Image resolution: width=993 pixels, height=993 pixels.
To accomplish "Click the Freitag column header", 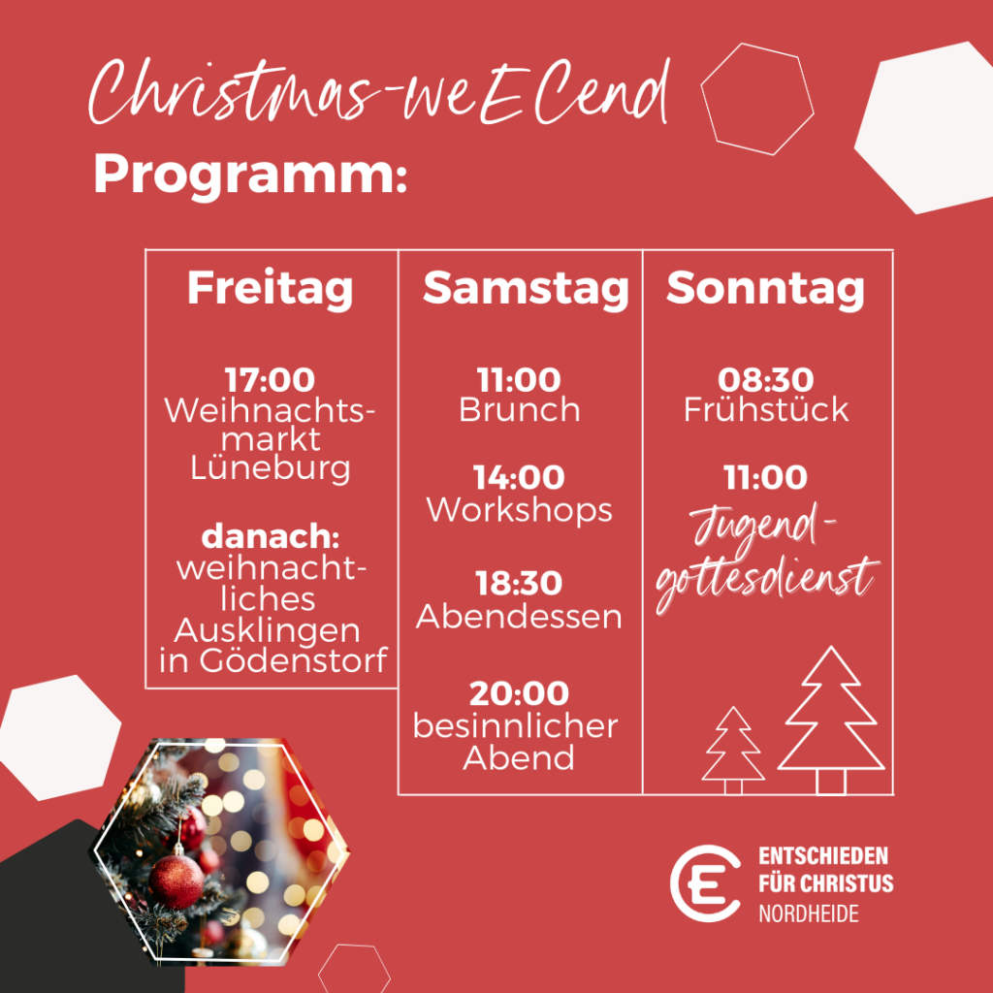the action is [x=270, y=290].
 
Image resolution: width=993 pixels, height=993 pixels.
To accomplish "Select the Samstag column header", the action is [x=526, y=290].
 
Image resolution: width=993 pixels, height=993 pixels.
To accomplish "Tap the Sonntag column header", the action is [x=765, y=290].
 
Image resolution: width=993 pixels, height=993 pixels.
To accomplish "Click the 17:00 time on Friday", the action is [x=270, y=380].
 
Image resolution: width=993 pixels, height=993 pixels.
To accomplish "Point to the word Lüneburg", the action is [x=270, y=468].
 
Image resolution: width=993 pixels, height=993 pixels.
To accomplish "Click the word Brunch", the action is [x=520, y=410].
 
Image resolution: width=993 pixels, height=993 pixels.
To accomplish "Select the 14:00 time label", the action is [x=520, y=477].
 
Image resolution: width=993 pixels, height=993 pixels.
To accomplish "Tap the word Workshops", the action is [x=520, y=510].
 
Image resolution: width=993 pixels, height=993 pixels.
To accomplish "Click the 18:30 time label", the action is [x=520, y=583].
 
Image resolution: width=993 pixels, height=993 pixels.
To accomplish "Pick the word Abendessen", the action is [x=519, y=616].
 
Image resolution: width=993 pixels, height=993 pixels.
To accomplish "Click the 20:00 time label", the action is [x=520, y=693].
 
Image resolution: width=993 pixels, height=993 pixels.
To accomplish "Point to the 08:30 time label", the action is [x=766, y=380].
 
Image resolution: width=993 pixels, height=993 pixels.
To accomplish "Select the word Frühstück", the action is [x=766, y=410].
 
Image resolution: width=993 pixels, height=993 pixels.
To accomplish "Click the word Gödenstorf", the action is [x=293, y=660].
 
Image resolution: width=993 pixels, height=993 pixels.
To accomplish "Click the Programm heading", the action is [x=250, y=176].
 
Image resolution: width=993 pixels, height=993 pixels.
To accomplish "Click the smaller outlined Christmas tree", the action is [x=733, y=751].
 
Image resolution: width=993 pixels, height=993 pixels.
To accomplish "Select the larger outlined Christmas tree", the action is [x=831, y=721].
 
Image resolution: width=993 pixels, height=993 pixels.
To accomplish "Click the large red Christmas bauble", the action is [x=176, y=881].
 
